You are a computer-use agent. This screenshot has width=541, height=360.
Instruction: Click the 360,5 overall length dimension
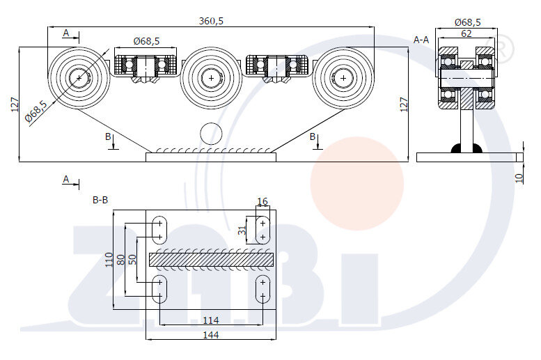tap(211, 21)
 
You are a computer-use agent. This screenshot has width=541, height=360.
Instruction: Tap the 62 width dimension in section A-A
tap(466, 33)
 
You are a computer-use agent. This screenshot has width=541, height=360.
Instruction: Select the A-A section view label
tap(421, 40)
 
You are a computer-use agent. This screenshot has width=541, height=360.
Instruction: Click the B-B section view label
tap(100, 200)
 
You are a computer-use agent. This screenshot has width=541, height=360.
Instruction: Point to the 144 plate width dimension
tap(211, 335)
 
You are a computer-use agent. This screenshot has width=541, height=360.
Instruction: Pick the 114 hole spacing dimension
tap(211, 320)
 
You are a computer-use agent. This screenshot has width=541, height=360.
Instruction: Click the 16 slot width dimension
tap(262, 201)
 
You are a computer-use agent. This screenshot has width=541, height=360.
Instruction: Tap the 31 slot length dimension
tap(242, 230)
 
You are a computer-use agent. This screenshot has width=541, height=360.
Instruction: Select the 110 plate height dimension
tap(109, 260)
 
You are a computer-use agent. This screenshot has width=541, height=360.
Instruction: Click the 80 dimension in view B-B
tap(120, 260)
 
